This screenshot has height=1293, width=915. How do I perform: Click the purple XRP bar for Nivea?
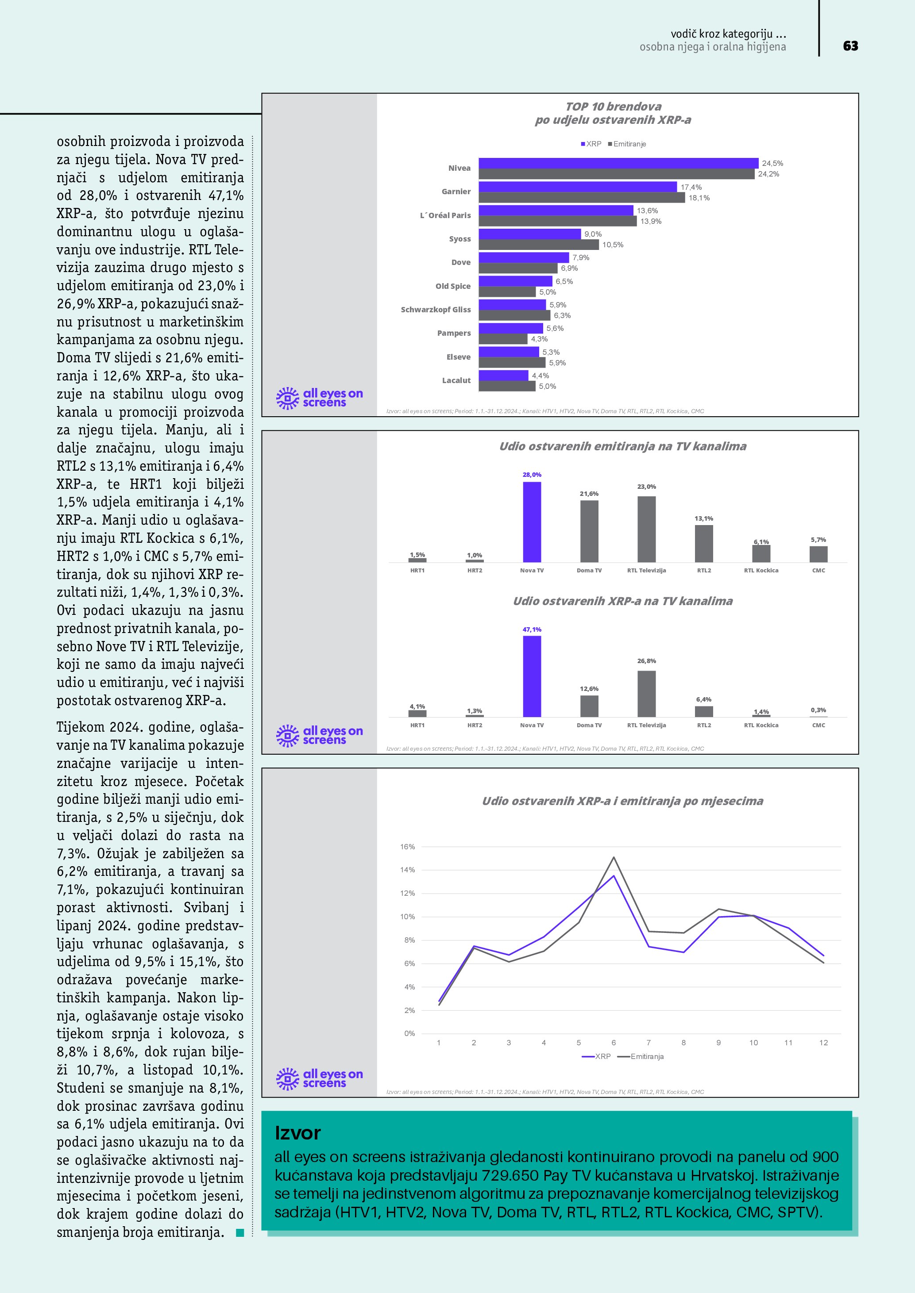(618, 163)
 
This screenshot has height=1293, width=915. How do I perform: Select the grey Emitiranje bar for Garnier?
(582, 198)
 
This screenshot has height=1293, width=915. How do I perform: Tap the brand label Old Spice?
(452, 286)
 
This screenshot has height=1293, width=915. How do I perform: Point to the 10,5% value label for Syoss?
(613, 245)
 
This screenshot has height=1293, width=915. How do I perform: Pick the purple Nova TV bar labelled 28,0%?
(532, 522)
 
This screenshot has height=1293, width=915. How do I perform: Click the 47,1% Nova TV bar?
(532, 676)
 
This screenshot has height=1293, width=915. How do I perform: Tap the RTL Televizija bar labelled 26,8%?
(646, 693)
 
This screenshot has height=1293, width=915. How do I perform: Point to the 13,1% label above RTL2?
(704, 518)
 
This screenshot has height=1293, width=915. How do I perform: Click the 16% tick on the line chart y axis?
(407, 846)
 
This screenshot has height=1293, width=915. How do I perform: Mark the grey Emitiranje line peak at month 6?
(614, 858)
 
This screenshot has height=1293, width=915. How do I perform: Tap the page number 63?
(850, 46)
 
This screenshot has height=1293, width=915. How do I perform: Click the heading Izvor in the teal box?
(297, 1132)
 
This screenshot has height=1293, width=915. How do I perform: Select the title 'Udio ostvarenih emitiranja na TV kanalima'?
(622, 446)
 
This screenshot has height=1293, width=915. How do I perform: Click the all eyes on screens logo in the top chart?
(320, 398)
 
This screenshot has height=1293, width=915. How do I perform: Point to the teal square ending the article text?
(240, 1233)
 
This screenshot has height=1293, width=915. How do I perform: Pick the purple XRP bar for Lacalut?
(503, 375)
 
